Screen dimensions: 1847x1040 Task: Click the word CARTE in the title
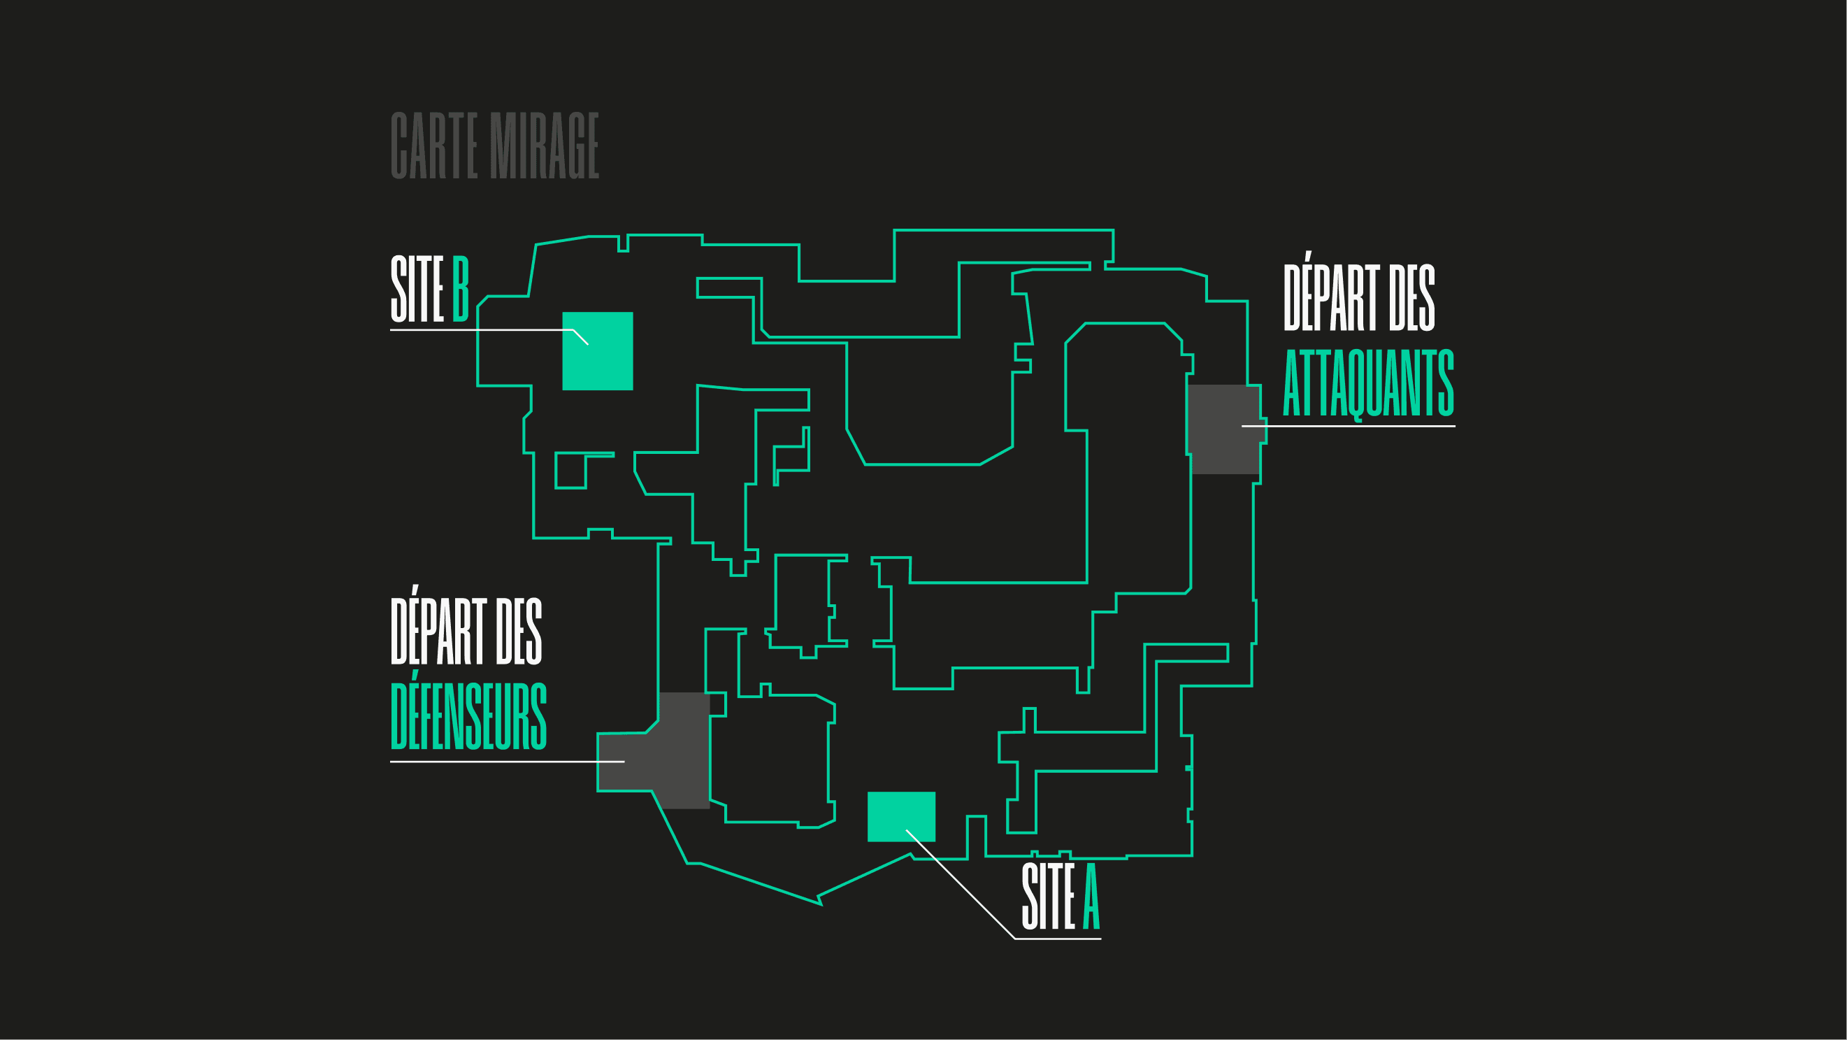pyautogui.click(x=434, y=145)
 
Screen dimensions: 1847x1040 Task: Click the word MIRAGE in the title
pyautogui.click(x=544, y=145)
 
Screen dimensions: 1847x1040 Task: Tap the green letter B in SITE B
pyautogui.click(x=460, y=289)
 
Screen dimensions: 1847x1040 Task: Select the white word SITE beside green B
pyautogui.click(x=417, y=289)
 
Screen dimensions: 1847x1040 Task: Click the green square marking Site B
pyautogui.click(x=597, y=352)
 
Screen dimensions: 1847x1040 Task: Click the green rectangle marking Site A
pyautogui.click(x=901, y=816)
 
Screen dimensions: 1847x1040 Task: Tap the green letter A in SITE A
pyautogui.click(x=1091, y=897)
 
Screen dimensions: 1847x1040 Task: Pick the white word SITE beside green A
pyautogui.click(x=1047, y=897)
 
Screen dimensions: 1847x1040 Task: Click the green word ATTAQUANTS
pyautogui.click(x=1368, y=383)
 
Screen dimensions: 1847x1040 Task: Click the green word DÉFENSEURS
pyautogui.click(x=468, y=716)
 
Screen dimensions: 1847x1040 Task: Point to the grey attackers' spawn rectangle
pyautogui.click(x=1223, y=429)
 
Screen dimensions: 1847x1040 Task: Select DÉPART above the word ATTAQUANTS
pyautogui.click(x=1331, y=297)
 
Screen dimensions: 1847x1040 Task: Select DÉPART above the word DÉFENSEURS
pyautogui.click(x=438, y=630)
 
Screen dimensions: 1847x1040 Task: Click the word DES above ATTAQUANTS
pyautogui.click(x=1411, y=297)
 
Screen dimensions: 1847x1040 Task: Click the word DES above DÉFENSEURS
pyautogui.click(x=519, y=630)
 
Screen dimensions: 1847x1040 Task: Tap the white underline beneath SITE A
pyautogui.click(x=1058, y=938)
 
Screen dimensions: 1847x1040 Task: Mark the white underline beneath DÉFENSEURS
pyautogui.click(x=502, y=762)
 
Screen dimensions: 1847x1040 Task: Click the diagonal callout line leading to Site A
pyautogui.click(x=961, y=884)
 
